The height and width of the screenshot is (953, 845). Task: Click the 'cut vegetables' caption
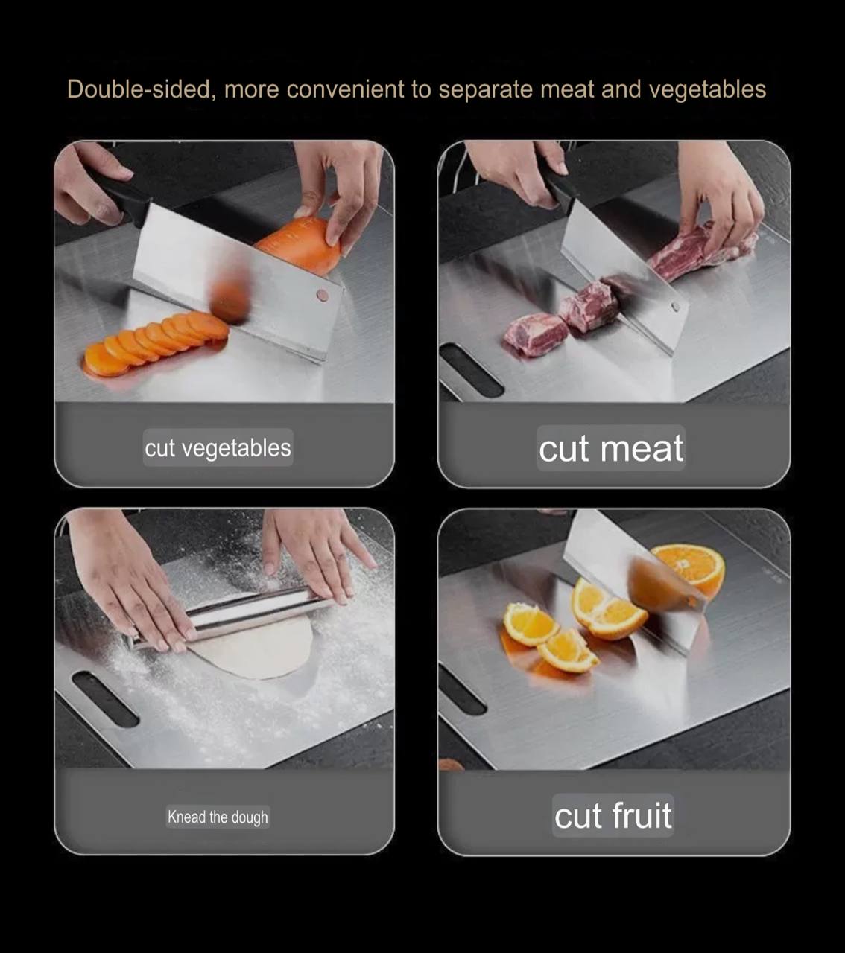pos(218,447)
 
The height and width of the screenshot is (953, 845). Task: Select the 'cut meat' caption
pos(610,448)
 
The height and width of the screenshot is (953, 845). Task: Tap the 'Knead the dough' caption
pos(218,817)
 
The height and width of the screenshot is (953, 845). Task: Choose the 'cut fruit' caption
pos(613,815)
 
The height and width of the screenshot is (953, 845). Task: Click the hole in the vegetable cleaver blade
pos(323,296)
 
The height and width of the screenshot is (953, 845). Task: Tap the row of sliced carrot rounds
pos(155,343)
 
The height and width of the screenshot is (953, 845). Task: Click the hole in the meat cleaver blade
pos(676,307)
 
